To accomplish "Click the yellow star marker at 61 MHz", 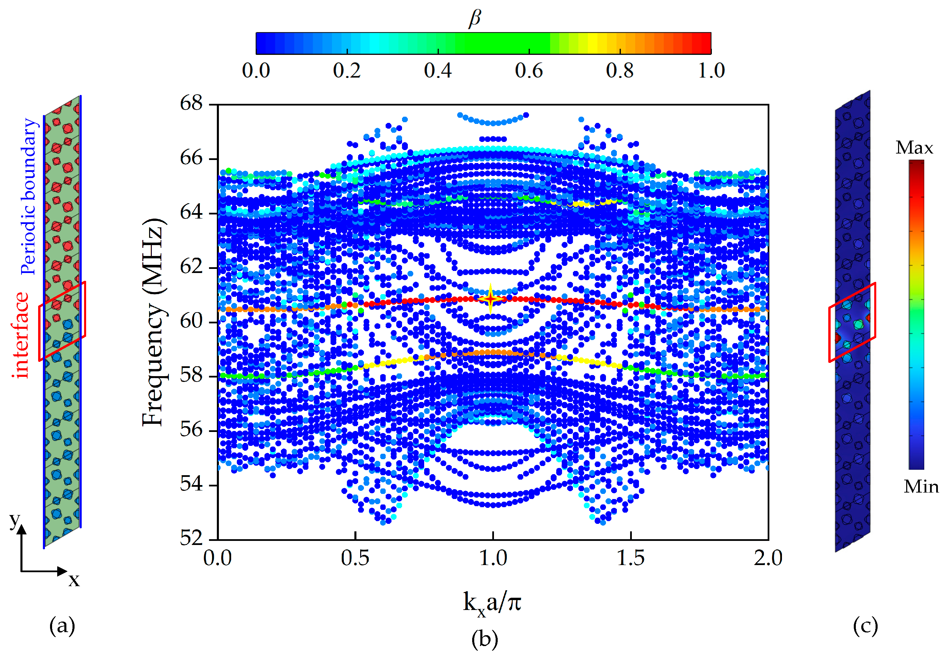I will point(490,299).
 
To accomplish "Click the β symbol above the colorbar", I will point(475,18).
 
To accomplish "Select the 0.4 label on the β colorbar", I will point(437,70).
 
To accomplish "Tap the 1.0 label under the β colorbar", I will point(711,70).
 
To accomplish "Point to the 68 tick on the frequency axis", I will point(191,103).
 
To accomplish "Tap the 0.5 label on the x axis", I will point(355,558).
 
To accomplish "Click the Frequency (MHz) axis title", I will point(154,323).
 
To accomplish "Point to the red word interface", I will point(20,335).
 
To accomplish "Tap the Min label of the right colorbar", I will point(921,487).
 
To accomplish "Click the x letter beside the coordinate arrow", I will point(74,580).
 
